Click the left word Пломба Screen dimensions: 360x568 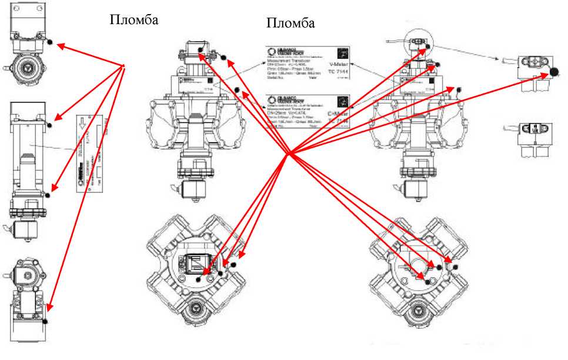[134, 19]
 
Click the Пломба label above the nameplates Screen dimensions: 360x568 [290, 23]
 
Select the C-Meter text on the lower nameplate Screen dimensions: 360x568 [338, 111]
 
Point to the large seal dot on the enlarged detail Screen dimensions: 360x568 [553, 72]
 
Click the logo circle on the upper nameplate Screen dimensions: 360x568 [272, 51]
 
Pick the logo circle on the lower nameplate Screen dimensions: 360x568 [272, 99]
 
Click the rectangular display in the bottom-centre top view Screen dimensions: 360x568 [195, 264]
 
